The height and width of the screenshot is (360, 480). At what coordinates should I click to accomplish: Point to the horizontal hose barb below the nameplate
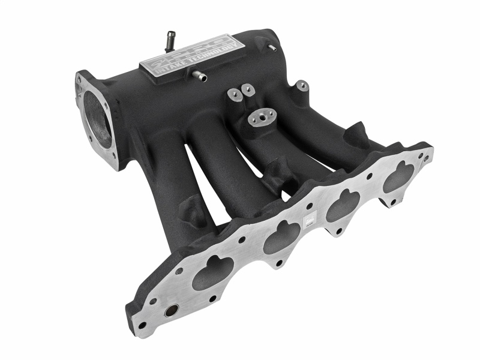pyautogui.click(x=198, y=76)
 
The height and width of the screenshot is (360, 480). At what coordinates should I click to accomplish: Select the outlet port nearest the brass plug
pyautogui.click(x=214, y=274)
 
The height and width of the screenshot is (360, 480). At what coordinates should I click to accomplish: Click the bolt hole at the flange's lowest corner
pyautogui.click(x=142, y=325)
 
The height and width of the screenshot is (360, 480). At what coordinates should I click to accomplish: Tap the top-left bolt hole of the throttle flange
pyautogui.click(x=80, y=79)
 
